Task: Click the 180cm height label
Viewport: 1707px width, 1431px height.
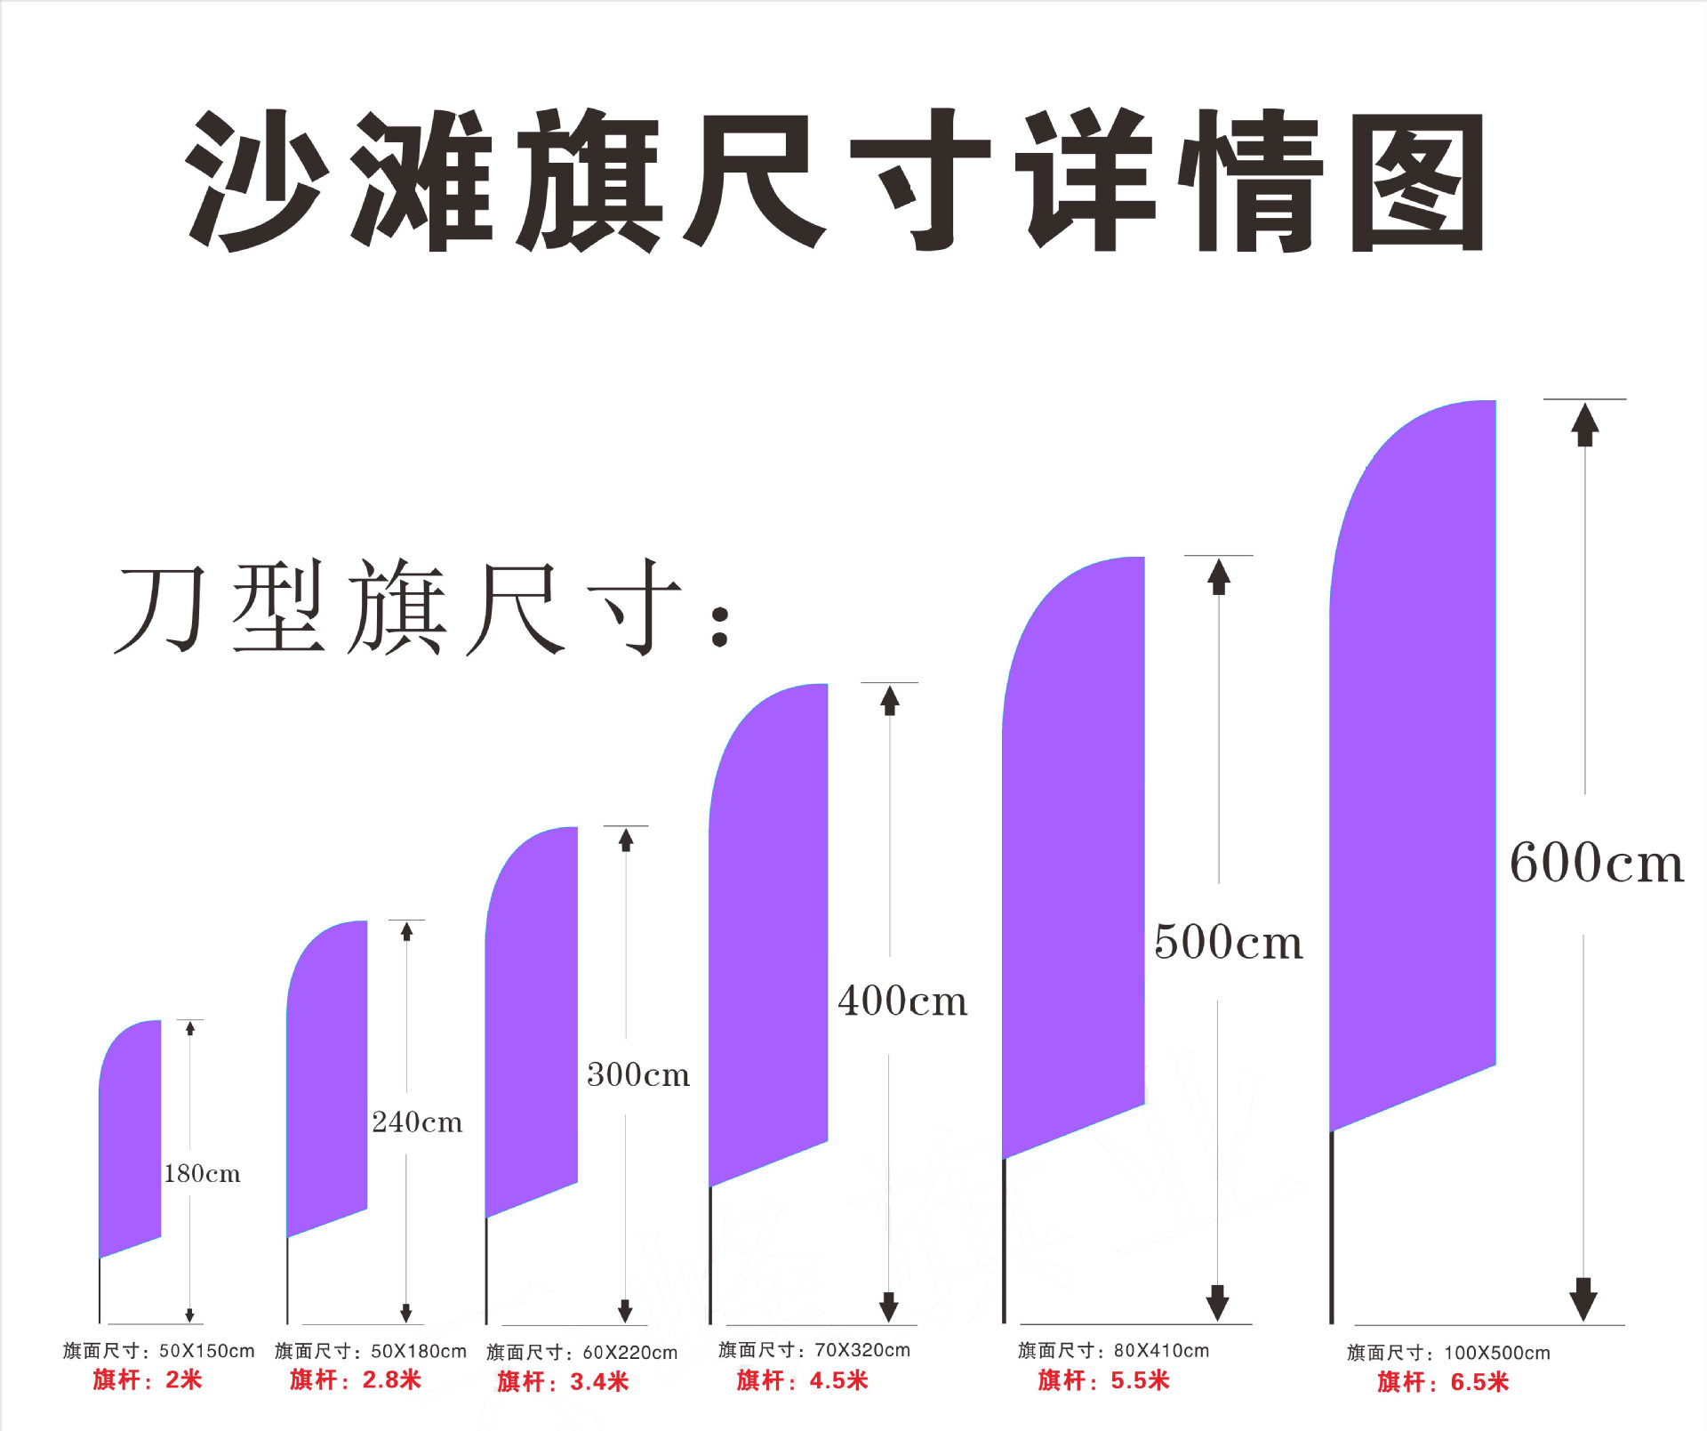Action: (202, 1173)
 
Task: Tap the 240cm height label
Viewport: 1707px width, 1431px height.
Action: (417, 1121)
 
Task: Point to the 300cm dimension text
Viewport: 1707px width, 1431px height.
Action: (637, 1074)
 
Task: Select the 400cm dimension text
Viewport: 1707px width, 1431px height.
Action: (902, 1001)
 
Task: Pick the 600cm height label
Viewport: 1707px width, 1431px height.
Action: (1596, 862)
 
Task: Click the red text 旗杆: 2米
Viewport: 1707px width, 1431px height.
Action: (148, 1379)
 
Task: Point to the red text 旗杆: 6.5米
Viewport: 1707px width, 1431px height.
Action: (1443, 1382)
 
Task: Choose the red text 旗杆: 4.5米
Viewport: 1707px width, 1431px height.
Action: (802, 1380)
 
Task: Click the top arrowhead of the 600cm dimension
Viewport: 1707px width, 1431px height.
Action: (1584, 425)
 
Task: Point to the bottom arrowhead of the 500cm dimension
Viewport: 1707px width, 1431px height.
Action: (1217, 1303)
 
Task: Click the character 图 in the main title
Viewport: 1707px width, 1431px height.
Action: (1417, 182)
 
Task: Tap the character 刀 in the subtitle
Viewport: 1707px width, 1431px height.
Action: (160, 609)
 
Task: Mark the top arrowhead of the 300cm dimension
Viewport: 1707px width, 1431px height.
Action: (626, 840)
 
